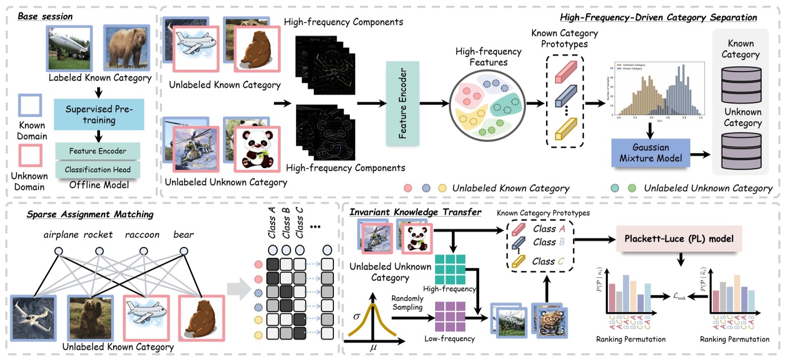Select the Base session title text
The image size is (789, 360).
pyautogui.click(x=45, y=16)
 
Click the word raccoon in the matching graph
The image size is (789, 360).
pyautogui.click(x=142, y=235)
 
